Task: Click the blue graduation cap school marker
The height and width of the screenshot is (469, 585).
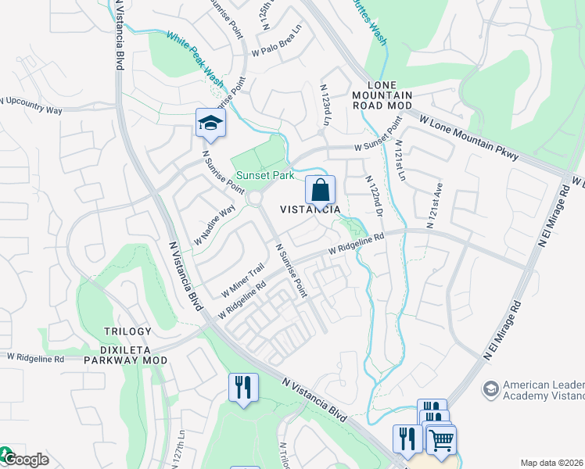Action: click(x=210, y=123)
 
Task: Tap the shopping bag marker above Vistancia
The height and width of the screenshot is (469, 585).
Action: click(x=320, y=190)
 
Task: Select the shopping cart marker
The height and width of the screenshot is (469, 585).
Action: click(x=441, y=439)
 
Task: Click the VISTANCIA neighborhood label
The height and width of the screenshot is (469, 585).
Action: click(x=310, y=209)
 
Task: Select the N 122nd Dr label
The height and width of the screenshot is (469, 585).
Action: click(x=375, y=197)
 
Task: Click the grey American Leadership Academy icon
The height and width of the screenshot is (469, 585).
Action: click(x=490, y=388)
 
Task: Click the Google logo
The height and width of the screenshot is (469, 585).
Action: click(x=25, y=459)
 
